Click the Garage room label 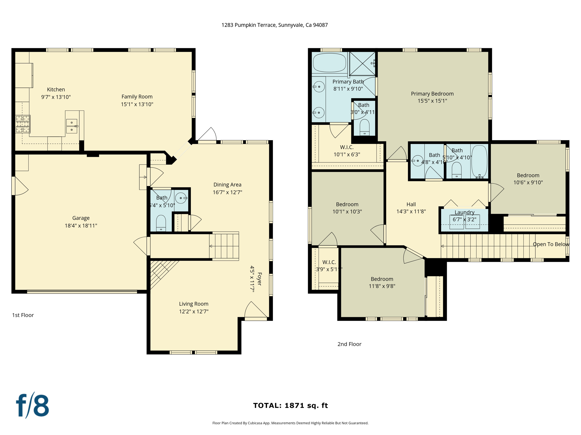pos(81,218)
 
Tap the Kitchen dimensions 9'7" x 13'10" pos(56,97)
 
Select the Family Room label pos(137,97)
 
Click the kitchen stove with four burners pos(23,124)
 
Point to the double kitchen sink pos(72,126)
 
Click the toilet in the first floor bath pos(161,223)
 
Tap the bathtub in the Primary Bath pos(329,63)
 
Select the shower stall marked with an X pos(362,64)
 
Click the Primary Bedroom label pos(432,94)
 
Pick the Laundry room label pos(464,212)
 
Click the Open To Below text pos(551,244)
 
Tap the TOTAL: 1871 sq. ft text pos(290,406)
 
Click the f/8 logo pos(32,406)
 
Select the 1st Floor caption pos(23,315)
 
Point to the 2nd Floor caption pos(349,344)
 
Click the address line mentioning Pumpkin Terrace pos(275,25)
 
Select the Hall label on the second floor pos(411,204)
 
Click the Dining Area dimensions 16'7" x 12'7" pos(228,192)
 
